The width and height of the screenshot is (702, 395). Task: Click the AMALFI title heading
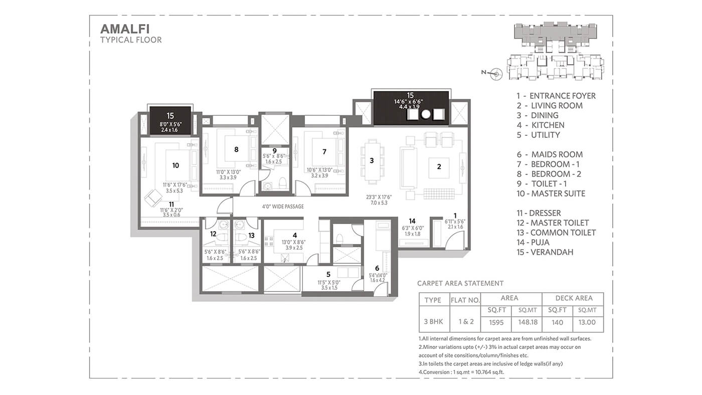pos(125,29)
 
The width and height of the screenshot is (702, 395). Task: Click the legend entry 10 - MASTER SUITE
pos(551,193)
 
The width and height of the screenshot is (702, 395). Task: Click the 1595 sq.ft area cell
pos(496,322)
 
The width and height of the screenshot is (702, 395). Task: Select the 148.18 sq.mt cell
pos(528,322)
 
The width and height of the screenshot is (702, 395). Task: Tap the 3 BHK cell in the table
pos(433,322)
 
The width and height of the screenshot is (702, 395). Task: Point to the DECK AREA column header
pos(574,298)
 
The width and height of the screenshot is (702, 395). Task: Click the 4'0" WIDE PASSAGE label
pos(283,207)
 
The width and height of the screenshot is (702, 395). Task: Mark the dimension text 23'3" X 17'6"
pos(379,197)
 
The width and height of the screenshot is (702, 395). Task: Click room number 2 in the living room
pos(439,166)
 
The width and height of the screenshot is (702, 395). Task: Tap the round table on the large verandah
pos(426,114)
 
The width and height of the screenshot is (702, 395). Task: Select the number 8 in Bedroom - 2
pos(236,150)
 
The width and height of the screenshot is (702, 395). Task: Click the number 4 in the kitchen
pos(295,235)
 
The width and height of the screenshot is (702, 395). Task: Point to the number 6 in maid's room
pos(377,268)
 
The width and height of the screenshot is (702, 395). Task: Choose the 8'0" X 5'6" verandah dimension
pos(170,124)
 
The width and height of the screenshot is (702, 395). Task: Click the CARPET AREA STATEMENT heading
pos(460,284)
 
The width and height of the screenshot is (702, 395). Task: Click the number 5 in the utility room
pos(328,274)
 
